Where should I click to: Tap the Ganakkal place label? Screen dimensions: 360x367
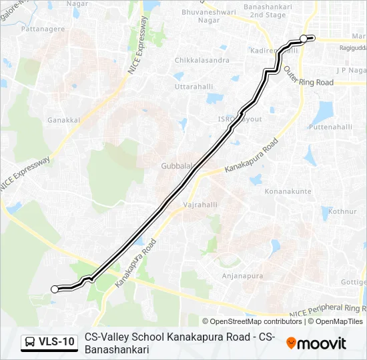click(64, 121)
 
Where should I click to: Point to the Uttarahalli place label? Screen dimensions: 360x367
click(192, 87)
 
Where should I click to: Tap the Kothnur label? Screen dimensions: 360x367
click(343, 211)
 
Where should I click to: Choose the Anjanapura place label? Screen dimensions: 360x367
click(243, 275)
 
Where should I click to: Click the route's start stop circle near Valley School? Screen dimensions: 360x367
click(55, 289)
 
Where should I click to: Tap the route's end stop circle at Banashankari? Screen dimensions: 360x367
click(304, 39)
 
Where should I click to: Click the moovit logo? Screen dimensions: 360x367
click(316, 343)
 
